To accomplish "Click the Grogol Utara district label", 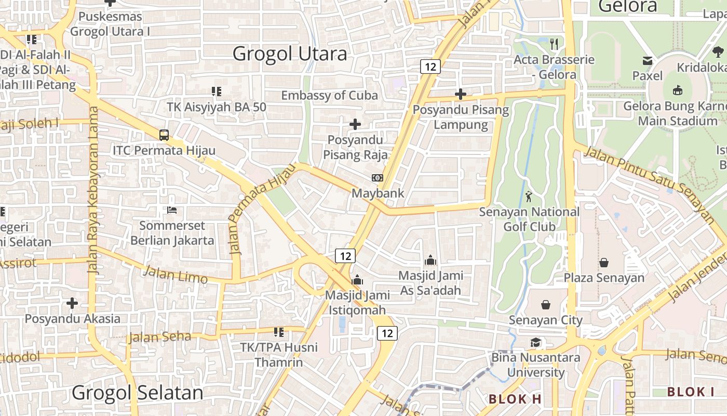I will click(290, 54).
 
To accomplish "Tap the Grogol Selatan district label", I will click(137, 393).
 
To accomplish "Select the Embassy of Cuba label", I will click(329, 95).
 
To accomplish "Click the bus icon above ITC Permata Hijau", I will click(164, 135).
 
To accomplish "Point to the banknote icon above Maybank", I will click(378, 178).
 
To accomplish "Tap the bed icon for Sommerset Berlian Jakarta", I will click(172, 211).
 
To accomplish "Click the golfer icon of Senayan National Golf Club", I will click(529, 197).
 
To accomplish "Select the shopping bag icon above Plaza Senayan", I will click(604, 263).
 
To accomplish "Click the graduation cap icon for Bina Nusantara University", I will click(535, 342).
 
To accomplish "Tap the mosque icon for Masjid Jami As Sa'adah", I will click(430, 260).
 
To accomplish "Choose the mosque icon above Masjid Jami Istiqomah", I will click(357, 280).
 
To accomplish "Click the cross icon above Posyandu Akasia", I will click(72, 303).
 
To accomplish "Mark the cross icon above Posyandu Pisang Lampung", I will click(460, 94).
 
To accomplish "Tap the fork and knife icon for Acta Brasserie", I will click(554, 44).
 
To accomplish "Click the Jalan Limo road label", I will click(175, 274).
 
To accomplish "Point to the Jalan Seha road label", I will click(160, 337).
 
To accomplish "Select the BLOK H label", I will click(515, 399).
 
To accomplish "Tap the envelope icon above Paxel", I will click(647, 61).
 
